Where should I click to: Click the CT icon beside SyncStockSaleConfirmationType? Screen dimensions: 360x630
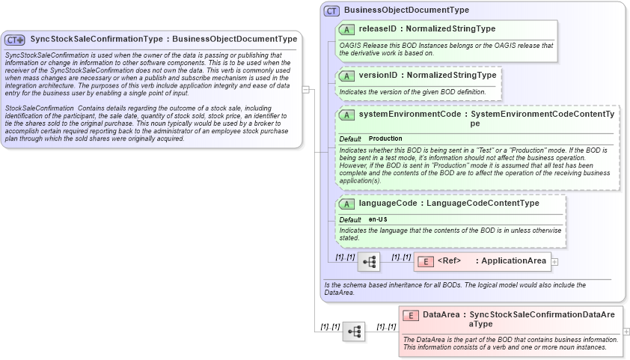15,40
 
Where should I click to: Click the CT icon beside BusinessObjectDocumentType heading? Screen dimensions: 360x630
331,10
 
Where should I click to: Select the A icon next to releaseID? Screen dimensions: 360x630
346,29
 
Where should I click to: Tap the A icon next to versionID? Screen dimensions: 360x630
346,76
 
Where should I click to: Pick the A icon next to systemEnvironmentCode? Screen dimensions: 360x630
346,115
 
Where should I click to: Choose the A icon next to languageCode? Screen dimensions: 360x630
346,203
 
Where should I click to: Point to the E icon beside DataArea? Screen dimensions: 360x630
411,315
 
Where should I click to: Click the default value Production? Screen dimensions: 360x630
385,138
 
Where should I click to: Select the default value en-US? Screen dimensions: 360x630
378,219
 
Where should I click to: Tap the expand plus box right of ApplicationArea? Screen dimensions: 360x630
554,261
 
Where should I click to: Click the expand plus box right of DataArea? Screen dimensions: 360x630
626,331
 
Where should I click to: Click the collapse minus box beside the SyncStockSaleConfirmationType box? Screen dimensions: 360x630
305,89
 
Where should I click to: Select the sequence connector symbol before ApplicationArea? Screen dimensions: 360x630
369,262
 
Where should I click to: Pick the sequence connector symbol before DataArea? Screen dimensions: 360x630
354,331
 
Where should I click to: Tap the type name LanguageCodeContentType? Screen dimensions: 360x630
491,203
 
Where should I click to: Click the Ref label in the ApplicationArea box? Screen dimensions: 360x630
449,260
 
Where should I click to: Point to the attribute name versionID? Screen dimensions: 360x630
377,76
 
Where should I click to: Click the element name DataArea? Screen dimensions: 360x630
441,315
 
